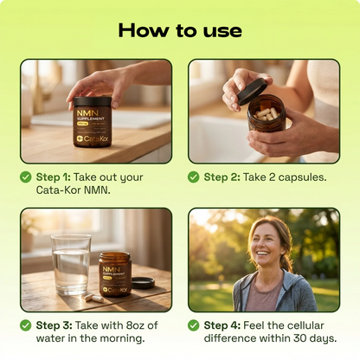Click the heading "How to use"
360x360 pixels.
coord(180,30)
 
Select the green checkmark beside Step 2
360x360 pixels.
coord(194,177)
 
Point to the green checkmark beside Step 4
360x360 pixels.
coord(194,325)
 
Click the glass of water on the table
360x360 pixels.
coord(70,266)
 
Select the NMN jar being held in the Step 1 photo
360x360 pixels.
coord(92,120)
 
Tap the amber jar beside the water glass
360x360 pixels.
coord(114,274)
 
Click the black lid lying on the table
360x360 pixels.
coord(144,282)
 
